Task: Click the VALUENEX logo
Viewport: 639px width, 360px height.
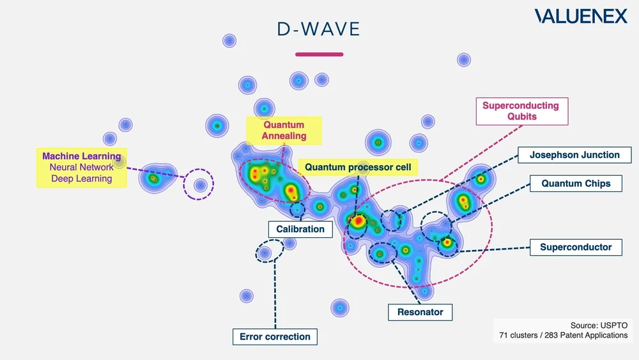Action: tap(581, 17)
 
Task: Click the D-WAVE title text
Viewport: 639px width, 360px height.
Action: tap(319, 29)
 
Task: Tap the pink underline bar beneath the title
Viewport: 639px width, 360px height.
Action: tap(319, 54)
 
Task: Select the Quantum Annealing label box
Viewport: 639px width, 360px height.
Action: tap(284, 130)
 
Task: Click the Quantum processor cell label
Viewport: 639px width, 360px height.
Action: tap(358, 168)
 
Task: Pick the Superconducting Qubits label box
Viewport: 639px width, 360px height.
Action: tap(520, 111)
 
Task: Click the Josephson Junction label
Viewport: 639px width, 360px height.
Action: tap(574, 155)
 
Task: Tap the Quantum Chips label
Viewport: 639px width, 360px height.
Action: tap(576, 184)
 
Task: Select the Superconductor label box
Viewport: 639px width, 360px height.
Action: tap(576, 247)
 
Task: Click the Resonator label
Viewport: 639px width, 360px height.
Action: tap(420, 312)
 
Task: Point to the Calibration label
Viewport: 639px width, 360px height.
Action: tap(300, 229)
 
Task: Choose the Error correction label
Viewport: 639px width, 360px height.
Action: tap(275, 336)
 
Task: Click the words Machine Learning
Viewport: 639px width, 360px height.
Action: tap(81, 156)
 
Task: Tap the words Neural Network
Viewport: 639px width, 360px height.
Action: tap(81, 167)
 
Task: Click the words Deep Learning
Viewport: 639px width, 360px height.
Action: tap(81, 178)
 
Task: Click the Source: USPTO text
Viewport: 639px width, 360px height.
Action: tap(599, 325)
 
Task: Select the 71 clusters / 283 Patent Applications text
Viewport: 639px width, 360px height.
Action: tap(564, 335)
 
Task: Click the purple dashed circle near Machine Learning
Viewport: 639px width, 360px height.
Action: tap(199, 185)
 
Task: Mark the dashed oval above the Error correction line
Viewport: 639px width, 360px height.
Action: tap(270, 251)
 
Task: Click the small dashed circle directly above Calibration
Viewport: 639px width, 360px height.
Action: tap(297, 208)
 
